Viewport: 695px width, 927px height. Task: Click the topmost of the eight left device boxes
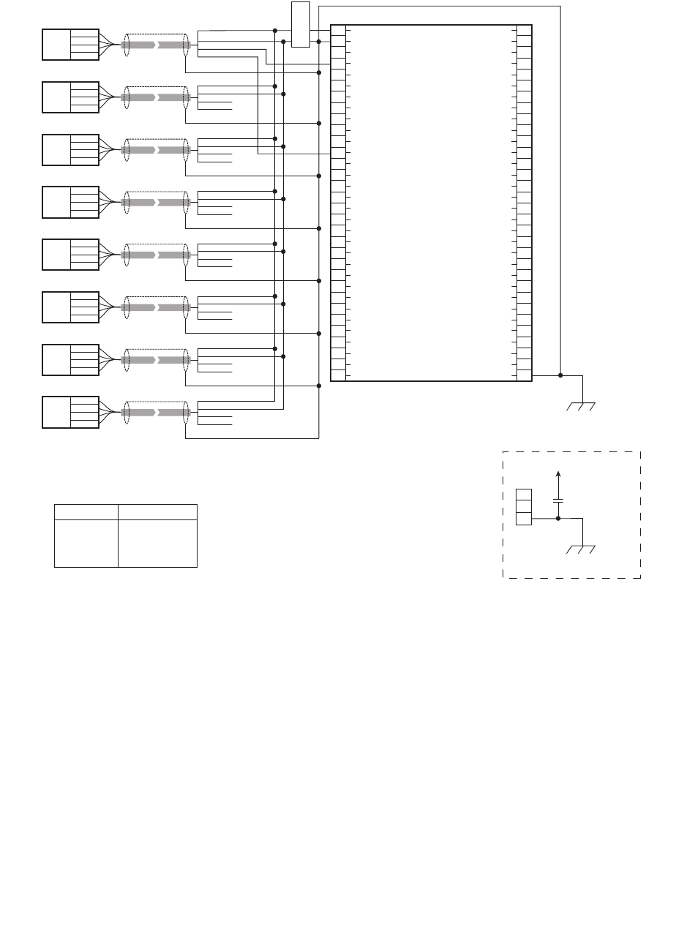click(70, 45)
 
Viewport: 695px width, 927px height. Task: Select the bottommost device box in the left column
click(70, 413)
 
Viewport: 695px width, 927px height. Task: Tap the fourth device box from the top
click(70, 202)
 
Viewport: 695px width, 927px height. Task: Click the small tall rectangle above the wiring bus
click(300, 24)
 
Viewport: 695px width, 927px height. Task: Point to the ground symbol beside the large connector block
click(582, 405)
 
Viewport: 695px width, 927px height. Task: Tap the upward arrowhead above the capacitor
click(558, 474)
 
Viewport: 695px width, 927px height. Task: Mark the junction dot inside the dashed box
click(558, 518)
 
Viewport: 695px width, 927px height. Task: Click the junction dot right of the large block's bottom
click(560, 375)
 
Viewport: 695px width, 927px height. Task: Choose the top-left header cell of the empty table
click(86, 512)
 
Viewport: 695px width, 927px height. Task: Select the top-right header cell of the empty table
click(157, 512)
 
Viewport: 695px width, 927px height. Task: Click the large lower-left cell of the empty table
click(86, 544)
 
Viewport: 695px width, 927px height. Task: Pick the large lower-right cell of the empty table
click(157, 544)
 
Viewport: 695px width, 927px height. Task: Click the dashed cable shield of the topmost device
click(155, 45)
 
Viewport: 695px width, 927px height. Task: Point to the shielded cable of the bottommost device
click(155, 413)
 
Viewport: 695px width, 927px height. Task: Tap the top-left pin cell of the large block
click(338, 30)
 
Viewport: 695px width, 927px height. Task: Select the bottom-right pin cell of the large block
click(524, 375)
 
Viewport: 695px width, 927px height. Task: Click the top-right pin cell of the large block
click(524, 30)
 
